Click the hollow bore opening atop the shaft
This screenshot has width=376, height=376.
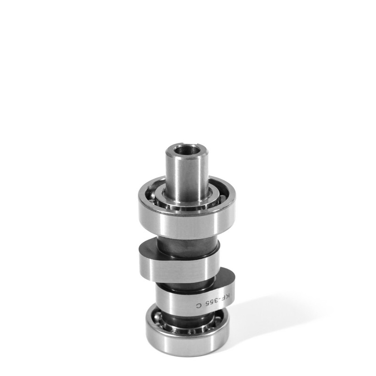coord(188,150)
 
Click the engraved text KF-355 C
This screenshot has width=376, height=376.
coord(214,301)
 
